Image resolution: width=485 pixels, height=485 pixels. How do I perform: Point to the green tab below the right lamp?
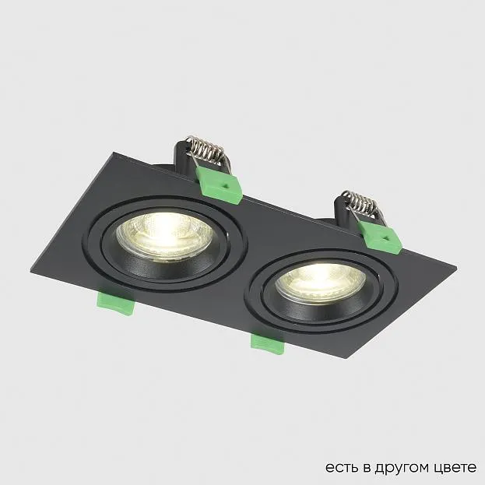click(x=267, y=343)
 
